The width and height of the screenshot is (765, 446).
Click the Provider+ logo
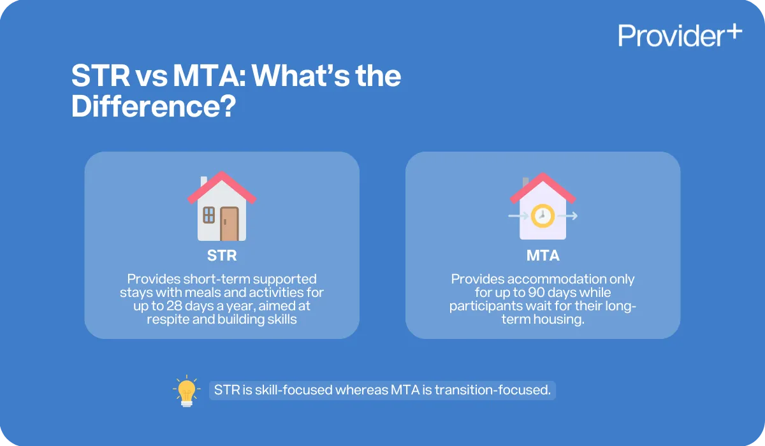680,35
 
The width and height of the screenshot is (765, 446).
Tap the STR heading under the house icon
221,256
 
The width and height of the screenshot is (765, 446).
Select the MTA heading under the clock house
543,256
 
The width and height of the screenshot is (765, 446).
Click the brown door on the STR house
229,222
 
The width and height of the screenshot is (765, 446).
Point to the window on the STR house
209,215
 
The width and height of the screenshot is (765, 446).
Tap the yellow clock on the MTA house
543,215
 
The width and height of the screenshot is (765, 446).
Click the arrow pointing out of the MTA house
571,216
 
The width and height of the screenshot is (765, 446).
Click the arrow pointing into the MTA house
514,216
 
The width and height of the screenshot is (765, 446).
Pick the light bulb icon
186,390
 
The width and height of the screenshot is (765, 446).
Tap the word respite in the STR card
168,319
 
